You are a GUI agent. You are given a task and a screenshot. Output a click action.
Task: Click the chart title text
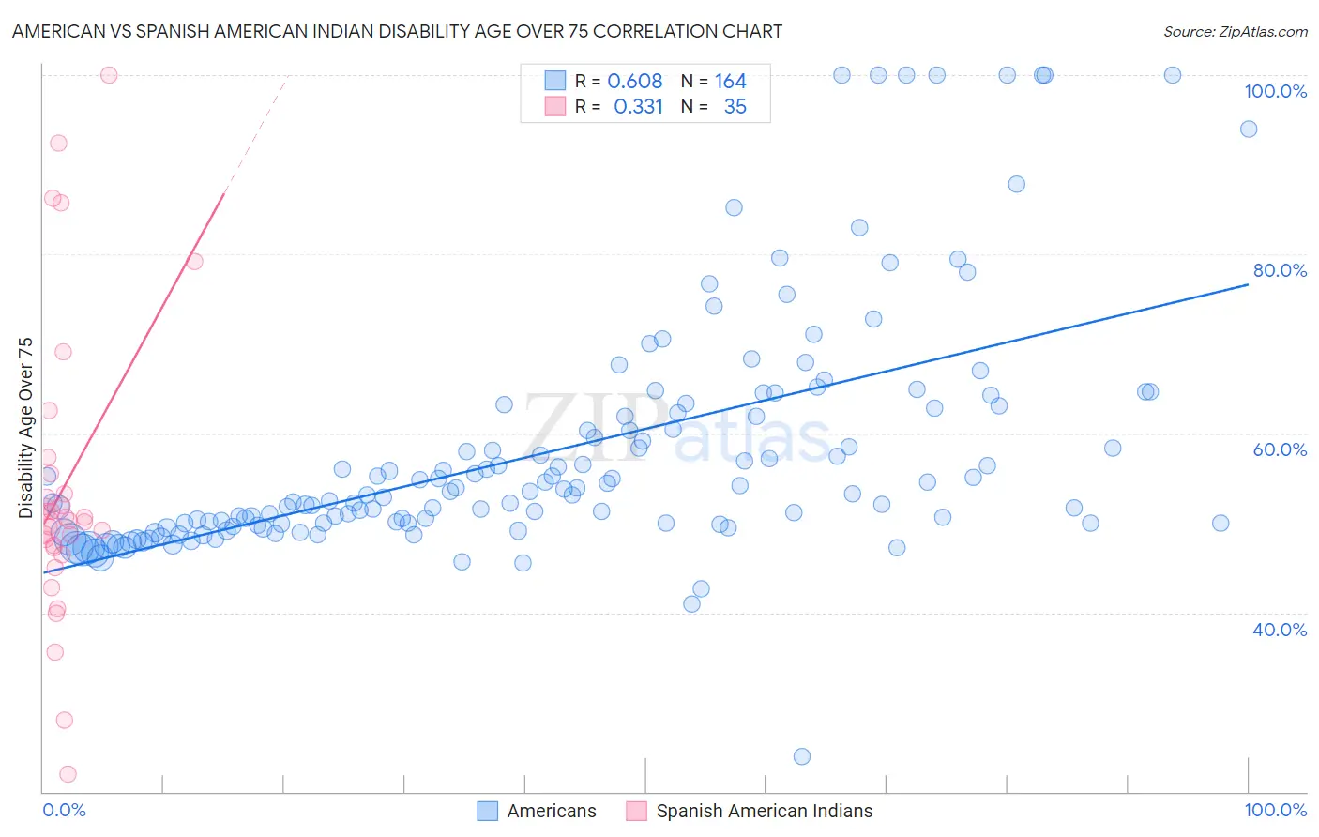[397, 32]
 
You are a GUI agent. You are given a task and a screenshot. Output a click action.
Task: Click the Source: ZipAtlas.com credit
[1235, 32]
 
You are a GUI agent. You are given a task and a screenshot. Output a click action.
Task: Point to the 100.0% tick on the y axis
[1275, 91]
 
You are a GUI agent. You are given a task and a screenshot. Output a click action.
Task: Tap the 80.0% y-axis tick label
[1280, 270]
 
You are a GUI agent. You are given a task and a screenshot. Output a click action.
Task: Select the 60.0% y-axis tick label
[1280, 449]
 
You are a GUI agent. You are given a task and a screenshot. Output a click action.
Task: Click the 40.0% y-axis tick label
[1280, 630]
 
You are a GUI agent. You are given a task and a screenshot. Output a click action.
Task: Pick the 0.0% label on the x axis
[64, 810]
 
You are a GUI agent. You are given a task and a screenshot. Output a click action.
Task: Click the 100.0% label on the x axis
[1275, 810]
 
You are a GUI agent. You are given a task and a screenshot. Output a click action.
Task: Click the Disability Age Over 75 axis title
[25, 428]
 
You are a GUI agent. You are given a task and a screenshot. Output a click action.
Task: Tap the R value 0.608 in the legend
[635, 82]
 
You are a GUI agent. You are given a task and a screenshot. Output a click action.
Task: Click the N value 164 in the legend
[731, 82]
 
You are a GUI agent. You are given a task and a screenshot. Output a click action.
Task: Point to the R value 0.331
[638, 107]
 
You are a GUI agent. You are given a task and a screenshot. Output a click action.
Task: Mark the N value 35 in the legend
[735, 107]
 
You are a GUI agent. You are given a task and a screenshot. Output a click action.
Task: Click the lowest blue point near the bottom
[802, 756]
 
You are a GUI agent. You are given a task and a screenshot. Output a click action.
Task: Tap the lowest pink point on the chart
[68, 774]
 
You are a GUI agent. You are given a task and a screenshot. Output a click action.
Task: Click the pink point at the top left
[109, 75]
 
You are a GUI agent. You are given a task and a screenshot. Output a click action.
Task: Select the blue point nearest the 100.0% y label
[1249, 129]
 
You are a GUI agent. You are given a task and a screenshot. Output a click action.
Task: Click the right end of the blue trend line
[1248, 283]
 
